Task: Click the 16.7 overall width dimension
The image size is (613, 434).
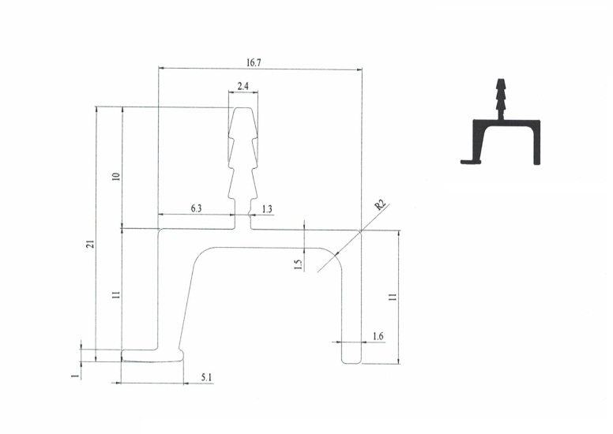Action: tap(254, 63)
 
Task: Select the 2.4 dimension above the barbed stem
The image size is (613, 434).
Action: tap(243, 86)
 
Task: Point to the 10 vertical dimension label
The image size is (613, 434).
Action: tap(116, 177)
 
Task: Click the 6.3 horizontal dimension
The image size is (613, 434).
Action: tap(196, 208)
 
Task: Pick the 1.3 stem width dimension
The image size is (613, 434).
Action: tap(267, 209)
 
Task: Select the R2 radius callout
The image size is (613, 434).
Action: tap(380, 204)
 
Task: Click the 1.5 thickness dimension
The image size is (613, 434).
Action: tap(299, 265)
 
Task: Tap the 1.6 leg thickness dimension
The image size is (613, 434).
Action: tap(378, 336)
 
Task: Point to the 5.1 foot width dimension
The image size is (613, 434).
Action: tap(206, 377)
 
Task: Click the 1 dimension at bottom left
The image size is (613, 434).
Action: tap(77, 375)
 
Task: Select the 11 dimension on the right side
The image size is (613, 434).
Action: tap(393, 297)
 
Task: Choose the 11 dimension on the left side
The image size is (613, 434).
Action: tap(115, 295)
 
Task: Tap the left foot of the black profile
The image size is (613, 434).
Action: tap(470, 161)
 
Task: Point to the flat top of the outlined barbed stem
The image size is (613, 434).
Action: tap(243, 108)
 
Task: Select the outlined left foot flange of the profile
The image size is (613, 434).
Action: tap(152, 355)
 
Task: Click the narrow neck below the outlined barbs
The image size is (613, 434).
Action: tap(243, 214)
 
